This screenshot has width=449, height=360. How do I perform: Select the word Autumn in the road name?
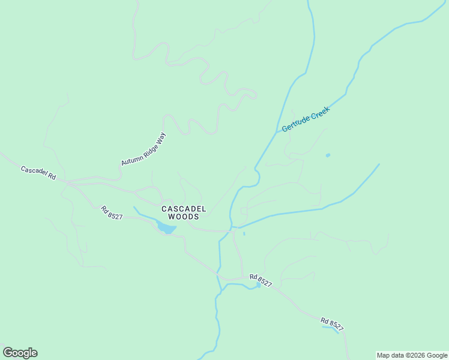click(x=130, y=160)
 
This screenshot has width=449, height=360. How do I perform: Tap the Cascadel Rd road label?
click(x=38, y=173)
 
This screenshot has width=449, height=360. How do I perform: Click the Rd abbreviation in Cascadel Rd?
click(x=52, y=178)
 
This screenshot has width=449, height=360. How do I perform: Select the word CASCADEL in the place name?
click(x=184, y=209)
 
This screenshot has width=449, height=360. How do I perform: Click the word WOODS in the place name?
click(x=184, y=217)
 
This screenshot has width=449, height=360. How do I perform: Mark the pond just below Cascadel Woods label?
click(x=166, y=228)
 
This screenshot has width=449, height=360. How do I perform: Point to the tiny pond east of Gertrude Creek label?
click(x=328, y=155)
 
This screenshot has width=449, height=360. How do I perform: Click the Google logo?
click(x=20, y=353)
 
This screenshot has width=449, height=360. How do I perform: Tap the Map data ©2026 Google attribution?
click(x=412, y=355)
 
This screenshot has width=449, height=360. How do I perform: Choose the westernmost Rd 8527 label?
click(x=112, y=213)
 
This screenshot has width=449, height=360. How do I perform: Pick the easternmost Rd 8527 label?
click(x=332, y=324)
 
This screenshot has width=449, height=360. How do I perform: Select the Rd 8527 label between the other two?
click(x=261, y=279)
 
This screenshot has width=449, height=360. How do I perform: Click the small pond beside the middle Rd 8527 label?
click(x=259, y=286)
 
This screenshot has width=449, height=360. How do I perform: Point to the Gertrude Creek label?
click(x=306, y=119)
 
